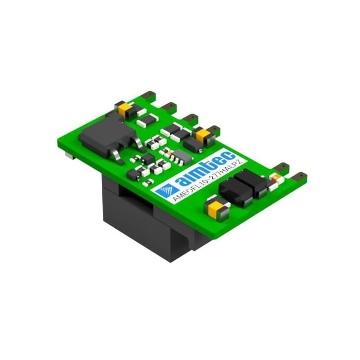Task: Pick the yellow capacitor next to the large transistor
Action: [124, 107]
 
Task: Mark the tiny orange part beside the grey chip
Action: [166, 153]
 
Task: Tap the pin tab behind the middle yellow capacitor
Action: [211, 125]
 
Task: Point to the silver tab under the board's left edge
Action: [68, 153]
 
